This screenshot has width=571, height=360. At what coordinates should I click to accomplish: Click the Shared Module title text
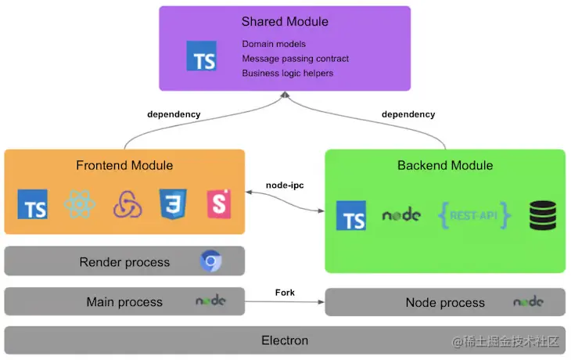coord(285,22)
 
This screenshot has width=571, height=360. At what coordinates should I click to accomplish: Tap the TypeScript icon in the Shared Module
coord(201,57)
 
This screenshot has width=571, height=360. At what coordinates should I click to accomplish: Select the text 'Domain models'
coord(274,44)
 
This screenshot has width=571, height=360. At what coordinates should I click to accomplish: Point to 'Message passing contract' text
coord(295,59)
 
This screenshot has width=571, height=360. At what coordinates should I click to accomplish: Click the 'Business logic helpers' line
coord(287,73)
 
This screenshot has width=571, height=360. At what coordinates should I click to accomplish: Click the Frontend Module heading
coord(124,165)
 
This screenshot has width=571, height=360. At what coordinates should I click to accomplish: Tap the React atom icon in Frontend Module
coord(79,203)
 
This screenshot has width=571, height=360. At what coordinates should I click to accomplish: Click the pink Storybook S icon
coord(217,204)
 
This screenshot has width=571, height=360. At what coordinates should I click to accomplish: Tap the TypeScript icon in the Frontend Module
coord(33,204)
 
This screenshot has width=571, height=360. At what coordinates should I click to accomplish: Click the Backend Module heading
coord(445,165)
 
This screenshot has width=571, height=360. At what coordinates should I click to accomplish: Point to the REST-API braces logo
coord(475,214)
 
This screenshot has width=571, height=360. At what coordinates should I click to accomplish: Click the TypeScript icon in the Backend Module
coord(351,216)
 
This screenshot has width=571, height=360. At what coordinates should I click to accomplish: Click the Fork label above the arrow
coord(285,292)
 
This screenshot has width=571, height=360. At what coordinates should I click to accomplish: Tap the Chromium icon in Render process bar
coord(210,261)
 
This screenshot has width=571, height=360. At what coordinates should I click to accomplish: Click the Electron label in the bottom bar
coord(285,340)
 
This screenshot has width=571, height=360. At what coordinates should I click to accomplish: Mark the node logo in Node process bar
coord(528,301)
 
